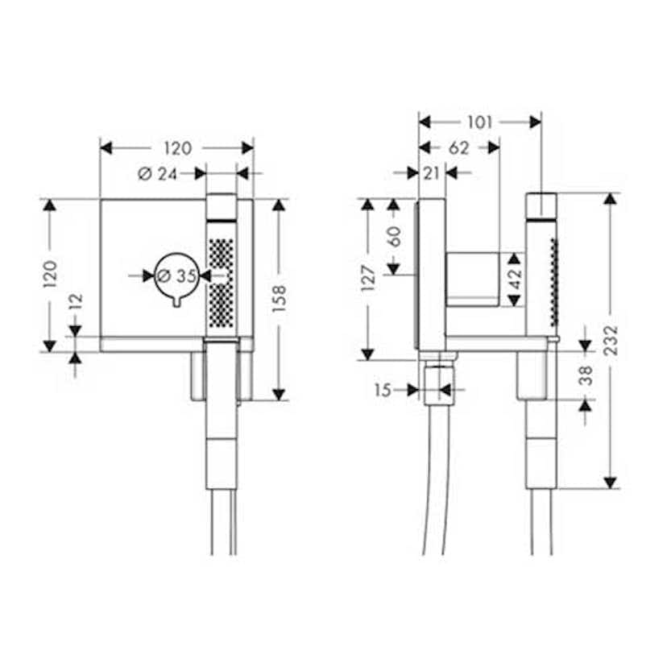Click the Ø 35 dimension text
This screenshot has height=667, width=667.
pos(176,275)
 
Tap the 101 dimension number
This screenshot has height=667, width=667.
pos(480,122)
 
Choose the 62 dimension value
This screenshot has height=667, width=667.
pos(458,148)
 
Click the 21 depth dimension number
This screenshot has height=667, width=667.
pos(431,173)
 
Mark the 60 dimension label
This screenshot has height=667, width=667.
pos(394,237)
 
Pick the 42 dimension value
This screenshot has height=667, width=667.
pos(516,279)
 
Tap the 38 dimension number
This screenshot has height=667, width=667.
pos(586,375)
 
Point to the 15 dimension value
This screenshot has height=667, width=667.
pos(383,391)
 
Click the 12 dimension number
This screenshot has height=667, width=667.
pos(76,303)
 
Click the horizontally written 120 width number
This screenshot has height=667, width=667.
pos(177,148)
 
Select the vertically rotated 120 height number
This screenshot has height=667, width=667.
pos(50,275)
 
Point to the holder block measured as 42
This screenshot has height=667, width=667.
pos(474,279)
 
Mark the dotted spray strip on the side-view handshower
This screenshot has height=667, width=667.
pos(553,284)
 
